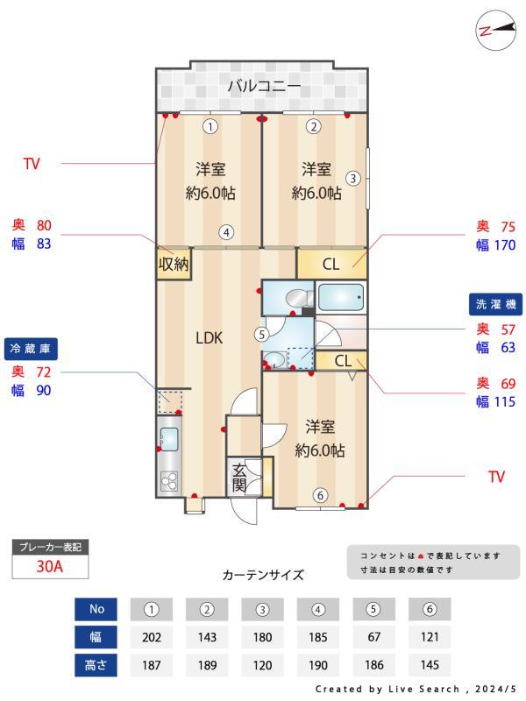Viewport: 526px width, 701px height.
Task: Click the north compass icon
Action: [494, 30]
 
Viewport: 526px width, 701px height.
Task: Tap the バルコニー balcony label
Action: [264, 86]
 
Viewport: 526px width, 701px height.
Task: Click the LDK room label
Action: [209, 337]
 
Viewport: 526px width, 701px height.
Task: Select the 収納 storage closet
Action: [173, 265]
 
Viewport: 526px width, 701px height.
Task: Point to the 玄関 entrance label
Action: [239, 478]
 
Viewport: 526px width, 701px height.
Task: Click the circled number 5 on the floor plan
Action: [261, 333]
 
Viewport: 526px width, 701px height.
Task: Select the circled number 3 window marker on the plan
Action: [352, 178]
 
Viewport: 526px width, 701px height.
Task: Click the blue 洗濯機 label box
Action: [497, 304]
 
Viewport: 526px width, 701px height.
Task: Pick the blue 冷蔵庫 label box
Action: [32, 348]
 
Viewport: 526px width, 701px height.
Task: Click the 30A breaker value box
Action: [50, 566]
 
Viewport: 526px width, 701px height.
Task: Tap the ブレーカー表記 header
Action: [50, 547]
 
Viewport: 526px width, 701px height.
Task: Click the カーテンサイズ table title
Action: [263, 576]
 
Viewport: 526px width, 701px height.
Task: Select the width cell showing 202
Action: [152, 637]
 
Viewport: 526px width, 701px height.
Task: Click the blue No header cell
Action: [96, 609]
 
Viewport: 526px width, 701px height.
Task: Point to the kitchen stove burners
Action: [168, 479]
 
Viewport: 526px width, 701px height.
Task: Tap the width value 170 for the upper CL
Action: [505, 245]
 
